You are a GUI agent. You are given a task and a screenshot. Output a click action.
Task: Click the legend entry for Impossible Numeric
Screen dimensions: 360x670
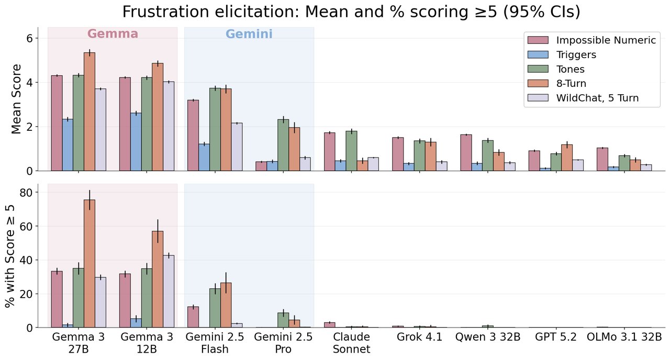(606, 40)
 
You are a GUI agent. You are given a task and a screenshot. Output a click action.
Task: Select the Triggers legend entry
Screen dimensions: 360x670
(576, 54)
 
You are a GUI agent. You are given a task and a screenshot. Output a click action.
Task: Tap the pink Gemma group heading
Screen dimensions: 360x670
(113, 34)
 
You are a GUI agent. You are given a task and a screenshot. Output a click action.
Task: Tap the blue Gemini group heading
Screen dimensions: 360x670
(249, 35)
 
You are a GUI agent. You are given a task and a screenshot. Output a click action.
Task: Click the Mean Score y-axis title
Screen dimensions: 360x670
(16, 99)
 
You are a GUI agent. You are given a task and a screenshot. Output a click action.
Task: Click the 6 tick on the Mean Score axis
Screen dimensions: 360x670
(29, 38)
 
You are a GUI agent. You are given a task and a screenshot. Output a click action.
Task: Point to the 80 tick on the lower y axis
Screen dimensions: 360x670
(26, 193)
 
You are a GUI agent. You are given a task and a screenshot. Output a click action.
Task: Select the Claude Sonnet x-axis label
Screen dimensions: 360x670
(351, 343)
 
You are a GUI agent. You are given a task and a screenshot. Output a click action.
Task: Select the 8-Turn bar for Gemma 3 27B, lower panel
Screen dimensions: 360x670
(90, 264)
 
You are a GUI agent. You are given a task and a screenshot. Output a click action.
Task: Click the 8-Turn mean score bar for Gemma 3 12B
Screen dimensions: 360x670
(158, 117)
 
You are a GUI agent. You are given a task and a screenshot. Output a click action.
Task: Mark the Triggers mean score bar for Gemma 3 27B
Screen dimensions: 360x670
(68, 145)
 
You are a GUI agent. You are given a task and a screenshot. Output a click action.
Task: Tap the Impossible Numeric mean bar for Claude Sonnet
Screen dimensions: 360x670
(329, 152)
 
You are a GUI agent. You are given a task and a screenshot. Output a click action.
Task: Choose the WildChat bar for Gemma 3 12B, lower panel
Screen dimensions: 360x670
(169, 291)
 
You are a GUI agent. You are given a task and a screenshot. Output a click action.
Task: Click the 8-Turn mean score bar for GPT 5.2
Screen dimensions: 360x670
(567, 157)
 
